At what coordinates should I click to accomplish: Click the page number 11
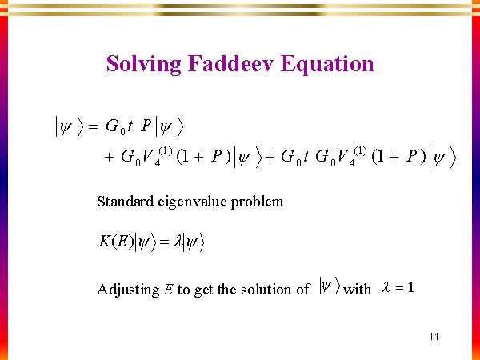tap(434, 336)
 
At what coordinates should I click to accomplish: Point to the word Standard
tap(124, 202)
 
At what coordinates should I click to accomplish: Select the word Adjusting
tap(126, 290)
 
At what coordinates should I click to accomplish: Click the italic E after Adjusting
tap(168, 290)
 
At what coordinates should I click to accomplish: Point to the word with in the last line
tap(357, 290)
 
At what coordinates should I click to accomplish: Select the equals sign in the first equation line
tap(91, 126)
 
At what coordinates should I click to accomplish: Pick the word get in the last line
tap(204, 290)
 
